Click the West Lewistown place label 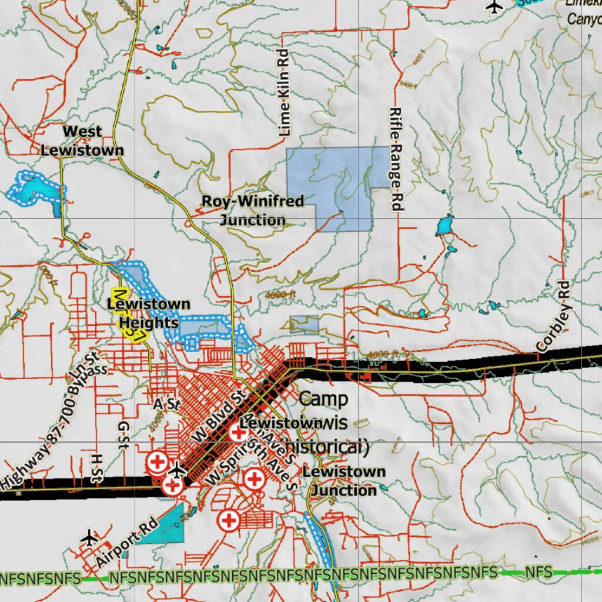pos(82,141)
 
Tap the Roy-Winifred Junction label pos(253,210)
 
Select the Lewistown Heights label pos(149,313)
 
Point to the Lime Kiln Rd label pos(285,93)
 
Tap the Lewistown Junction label pos(344,480)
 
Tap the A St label pos(165,404)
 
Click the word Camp pos(323,398)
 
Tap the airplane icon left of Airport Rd pos(90,537)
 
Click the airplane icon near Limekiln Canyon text pos(496,6)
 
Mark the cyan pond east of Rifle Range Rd pos(444,225)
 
